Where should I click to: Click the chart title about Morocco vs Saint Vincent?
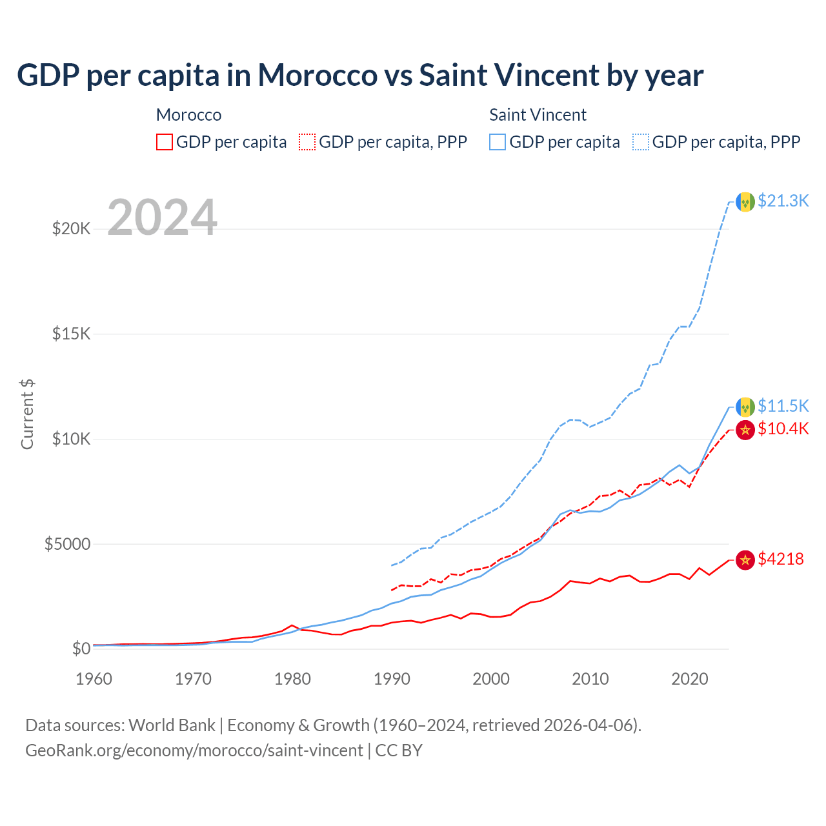pyautogui.click(x=360, y=76)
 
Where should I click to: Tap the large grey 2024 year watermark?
pyautogui.click(x=162, y=217)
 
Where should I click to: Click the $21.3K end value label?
pyautogui.click(x=783, y=201)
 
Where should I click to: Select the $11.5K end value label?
pyautogui.click(x=783, y=406)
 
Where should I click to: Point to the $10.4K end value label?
pyautogui.click(x=783, y=429)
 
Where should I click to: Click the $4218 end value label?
pyautogui.click(x=781, y=559)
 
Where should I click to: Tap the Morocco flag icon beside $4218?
pyautogui.click(x=745, y=560)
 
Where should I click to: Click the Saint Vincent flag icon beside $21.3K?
pyautogui.click(x=745, y=202)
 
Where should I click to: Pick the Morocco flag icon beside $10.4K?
pyautogui.click(x=745, y=430)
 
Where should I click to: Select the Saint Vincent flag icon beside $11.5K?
pyautogui.click(x=745, y=407)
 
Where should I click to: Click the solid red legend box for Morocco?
pyautogui.click(x=165, y=142)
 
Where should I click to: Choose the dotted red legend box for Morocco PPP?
pyautogui.click(x=307, y=142)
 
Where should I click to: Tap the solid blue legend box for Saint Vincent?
pyautogui.click(x=498, y=142)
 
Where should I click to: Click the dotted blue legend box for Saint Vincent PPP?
pyautogui.click(x=641, y=142)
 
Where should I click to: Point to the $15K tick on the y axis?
pyautogui.click(x=72, y=334)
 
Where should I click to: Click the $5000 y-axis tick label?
pyautogui.click(x=67, y=545)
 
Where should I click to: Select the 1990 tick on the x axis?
pyautogui.click(x=392, y=679)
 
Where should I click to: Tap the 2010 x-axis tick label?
pyautogui.click(x=590, y=679)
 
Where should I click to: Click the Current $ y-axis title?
pyautogui.click(x=27, y=414)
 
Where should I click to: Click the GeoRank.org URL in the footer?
pyautogui.click(x=194, y=750)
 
